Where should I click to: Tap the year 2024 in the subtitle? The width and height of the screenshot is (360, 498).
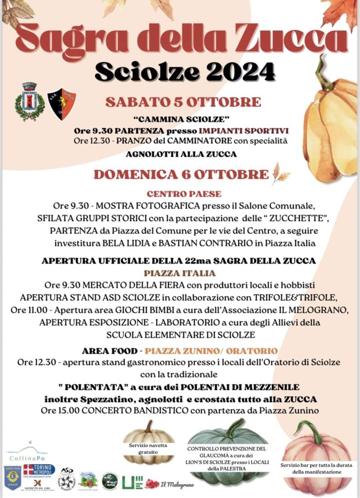pos(240,72)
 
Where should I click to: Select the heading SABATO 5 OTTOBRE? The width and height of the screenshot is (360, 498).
pos(183,102)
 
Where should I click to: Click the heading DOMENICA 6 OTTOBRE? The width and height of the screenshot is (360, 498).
pos(181,175)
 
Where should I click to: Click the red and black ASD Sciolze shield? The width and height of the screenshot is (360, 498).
pos(61,104)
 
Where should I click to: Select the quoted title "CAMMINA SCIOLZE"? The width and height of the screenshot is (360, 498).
pos(180,119)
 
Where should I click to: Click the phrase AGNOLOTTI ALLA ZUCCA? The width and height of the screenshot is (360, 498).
pos(181,155)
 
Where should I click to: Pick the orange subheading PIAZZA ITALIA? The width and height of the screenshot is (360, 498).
pos(180,273)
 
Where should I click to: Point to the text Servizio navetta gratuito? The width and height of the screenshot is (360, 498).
pos(148,448)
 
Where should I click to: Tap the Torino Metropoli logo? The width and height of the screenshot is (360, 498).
pos(40,471)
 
